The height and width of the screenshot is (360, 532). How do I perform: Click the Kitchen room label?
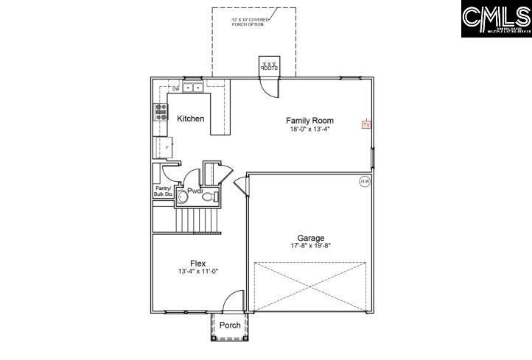tap(191, 119)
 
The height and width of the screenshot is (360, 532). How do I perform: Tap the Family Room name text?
tap(309, 121)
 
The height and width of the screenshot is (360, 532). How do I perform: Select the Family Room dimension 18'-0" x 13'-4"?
tap(309, 130)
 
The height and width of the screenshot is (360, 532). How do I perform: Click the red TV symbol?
tap(366, 125)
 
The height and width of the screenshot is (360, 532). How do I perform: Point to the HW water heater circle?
tap(365, 181)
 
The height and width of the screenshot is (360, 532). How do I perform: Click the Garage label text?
tap(311, 238)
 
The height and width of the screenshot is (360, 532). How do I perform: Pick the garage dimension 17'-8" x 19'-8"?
tap(311, 246)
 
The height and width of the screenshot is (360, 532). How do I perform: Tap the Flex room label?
tap(197, 264)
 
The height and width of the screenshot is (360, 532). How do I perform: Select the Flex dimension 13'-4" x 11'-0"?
tap(197, 272)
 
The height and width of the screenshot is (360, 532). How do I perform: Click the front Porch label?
tap(230, 325)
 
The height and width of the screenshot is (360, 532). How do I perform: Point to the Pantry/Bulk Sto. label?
tap(163, 191)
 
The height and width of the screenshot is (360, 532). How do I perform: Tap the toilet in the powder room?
tap(208, 196)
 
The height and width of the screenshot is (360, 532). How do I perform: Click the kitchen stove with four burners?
tap(161, 111)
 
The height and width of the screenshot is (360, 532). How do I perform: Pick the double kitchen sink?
tap(193, 88)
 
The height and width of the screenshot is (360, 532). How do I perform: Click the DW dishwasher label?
tap(176, 89)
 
